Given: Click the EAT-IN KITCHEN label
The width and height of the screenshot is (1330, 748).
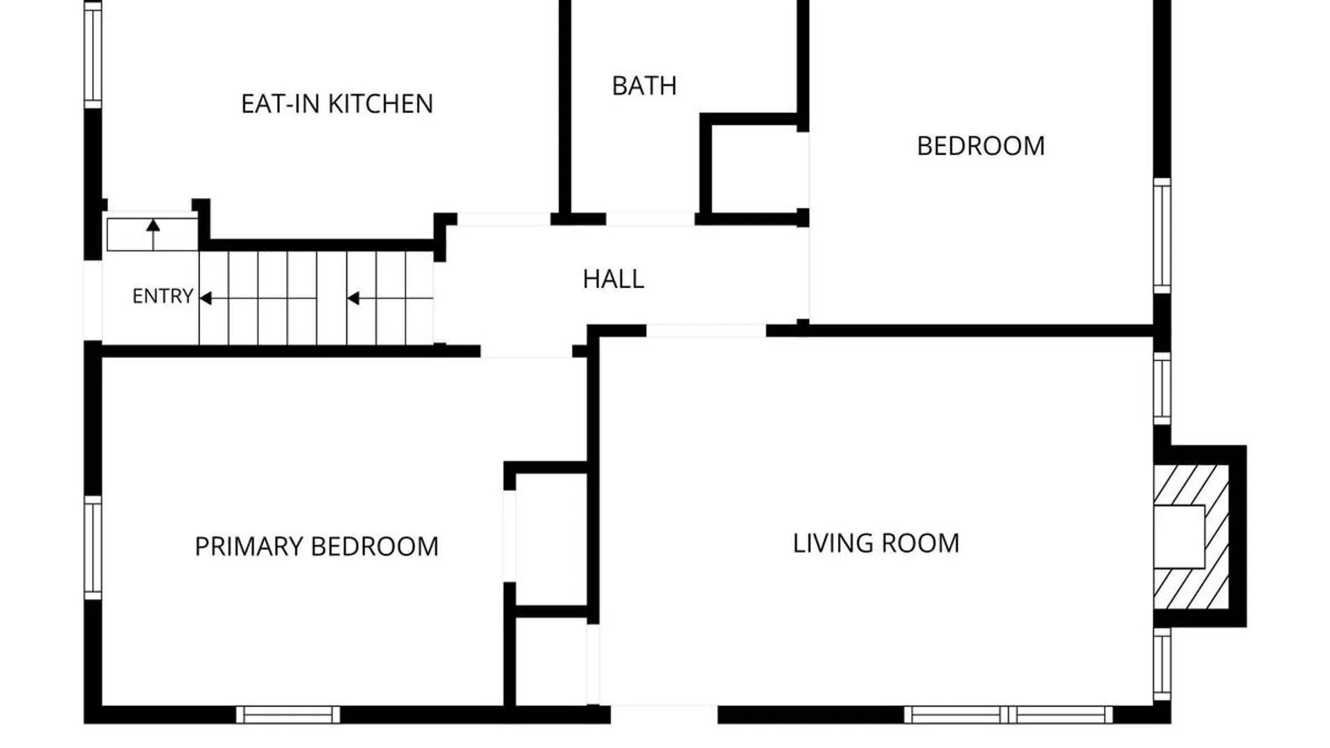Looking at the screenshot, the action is click(337, 104).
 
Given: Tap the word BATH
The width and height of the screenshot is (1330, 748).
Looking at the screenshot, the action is click(644, 86).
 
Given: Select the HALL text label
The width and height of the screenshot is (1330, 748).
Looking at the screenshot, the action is click(613, 279).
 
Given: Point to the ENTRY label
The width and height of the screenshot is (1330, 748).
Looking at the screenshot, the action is click(163, 296).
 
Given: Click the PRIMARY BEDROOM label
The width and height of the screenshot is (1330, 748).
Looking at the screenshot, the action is click(317, 546).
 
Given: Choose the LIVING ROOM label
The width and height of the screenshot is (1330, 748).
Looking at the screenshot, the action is click(876, 544).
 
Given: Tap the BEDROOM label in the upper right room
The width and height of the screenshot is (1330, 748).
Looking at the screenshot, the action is click(981, 146).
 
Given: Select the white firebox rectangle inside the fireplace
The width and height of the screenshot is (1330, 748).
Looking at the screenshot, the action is click(1179, 537).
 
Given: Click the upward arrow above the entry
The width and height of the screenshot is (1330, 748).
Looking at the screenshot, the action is click(153, 234).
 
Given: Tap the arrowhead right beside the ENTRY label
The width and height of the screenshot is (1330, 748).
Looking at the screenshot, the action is click(206, 299).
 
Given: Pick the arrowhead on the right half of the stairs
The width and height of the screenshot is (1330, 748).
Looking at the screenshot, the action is click(353, 299).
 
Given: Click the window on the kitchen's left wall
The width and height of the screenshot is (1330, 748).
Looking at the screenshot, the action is click(93, 55).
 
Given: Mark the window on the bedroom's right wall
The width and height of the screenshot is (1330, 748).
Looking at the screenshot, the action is click(1162, 235).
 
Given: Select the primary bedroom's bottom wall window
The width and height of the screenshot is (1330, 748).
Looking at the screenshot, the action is click(288, 715).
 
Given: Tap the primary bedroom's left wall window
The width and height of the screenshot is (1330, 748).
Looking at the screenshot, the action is click(93, 547).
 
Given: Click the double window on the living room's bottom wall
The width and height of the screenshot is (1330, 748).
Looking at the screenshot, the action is click(1009, 715).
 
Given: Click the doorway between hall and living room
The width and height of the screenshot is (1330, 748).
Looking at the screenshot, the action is click(706, 330).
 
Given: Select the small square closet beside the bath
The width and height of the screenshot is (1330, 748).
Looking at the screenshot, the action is click(755, 169).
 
